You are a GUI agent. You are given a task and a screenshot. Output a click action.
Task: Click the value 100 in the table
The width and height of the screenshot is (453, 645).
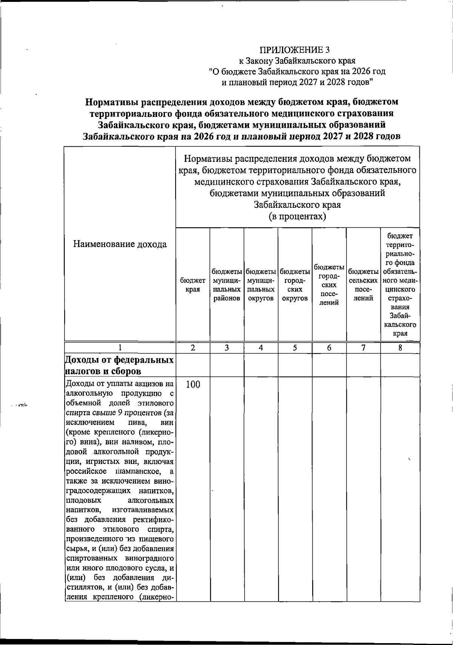(193, 385)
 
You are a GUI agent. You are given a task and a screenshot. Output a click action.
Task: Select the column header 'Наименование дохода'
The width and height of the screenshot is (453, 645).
(120, 244)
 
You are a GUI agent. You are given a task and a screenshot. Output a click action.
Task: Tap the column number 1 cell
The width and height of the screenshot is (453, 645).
(120, 348)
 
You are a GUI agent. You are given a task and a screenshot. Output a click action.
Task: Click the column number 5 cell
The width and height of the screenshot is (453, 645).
(295, 348)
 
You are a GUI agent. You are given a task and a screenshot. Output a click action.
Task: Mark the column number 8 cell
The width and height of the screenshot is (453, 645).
(400, 348)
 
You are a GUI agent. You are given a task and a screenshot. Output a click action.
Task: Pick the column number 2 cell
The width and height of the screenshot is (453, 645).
(193, 348)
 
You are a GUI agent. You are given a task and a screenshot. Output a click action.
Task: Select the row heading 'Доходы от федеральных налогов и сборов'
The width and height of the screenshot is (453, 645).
(120, 365)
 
